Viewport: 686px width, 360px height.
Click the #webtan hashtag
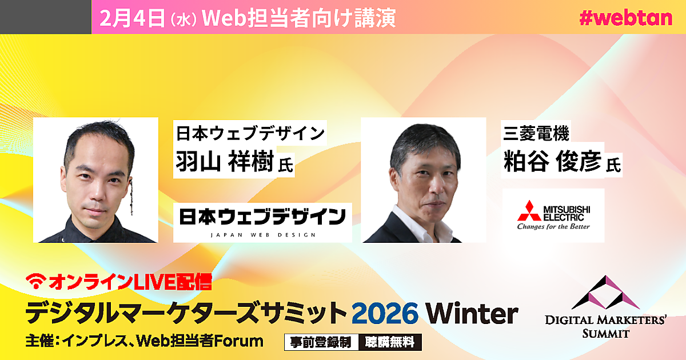(x=625, y=18)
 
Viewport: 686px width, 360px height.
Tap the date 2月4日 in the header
(x=132, y=18)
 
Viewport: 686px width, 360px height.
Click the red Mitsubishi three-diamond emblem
(x=529, y=211)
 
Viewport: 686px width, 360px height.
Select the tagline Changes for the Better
(x=553, y=226)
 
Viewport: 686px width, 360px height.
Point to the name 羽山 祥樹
(x=225, y=162)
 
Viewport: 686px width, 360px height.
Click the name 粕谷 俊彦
(x=552, y=162)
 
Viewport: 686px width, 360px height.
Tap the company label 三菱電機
(x=536, y=133)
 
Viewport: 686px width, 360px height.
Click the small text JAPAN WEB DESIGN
(x=263, y=235)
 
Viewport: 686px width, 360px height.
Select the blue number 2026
(x=385, y=313)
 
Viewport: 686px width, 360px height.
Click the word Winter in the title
(x=472, y=313)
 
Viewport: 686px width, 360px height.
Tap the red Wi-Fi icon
(x=36, y=281)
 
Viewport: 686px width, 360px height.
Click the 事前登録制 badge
(x=321, y=342)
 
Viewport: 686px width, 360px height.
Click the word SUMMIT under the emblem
(x=606, y=333)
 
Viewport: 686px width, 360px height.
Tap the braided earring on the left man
(x=131, y=198)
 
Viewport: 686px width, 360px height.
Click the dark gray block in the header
(x=46, y=17)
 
